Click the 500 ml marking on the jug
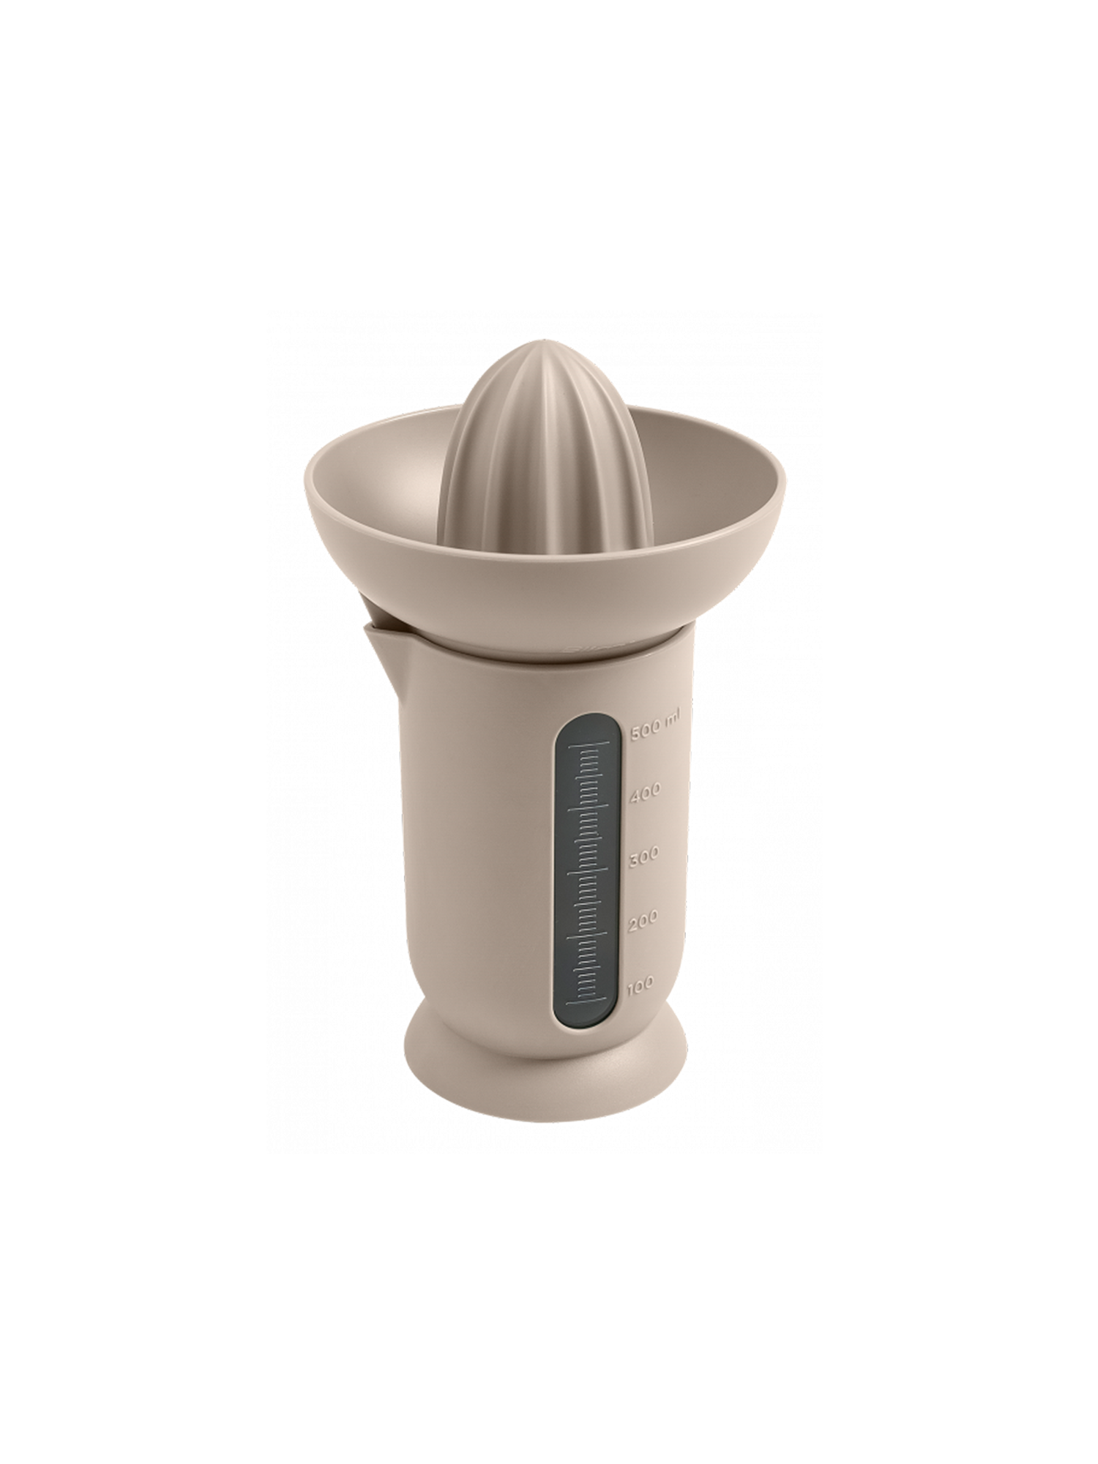(654, 726)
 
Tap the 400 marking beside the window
(645, 791)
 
